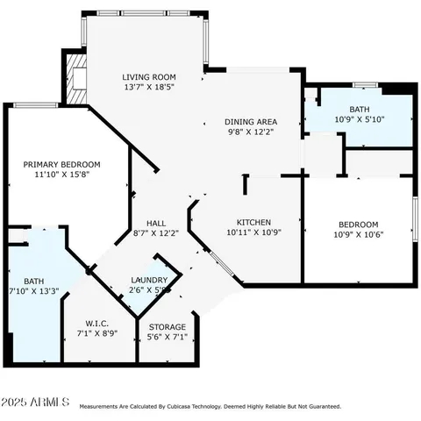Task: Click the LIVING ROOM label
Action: (x=149, y=77)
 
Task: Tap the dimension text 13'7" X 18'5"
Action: (x=149, y=88)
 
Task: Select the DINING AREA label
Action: (x=251, y=122)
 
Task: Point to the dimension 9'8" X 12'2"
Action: (x=251, y=132)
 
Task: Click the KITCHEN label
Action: (x=253, y=222)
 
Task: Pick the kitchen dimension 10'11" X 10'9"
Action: (x=253, y=232)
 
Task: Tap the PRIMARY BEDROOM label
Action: (x=61, y=164)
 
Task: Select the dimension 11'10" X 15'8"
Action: (x=61, y=175)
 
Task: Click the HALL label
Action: (x=156, y=222)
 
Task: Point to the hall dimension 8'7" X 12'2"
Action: (x=156, y=232)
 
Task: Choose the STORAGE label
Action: (x=166, y=326)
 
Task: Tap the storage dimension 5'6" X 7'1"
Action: (x=166, y=337)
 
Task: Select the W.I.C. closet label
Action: (x=97, y=322)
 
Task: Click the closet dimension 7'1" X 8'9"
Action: (x=97, y=332)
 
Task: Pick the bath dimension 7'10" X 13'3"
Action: (x=33, y=291)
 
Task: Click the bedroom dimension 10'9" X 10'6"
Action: (x=359, y=234)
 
